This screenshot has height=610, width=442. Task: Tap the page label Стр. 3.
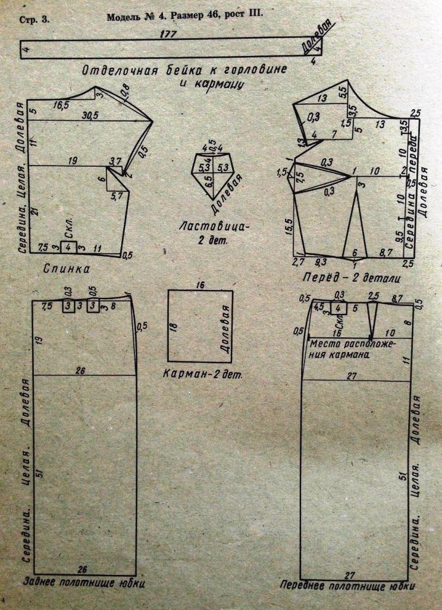point(34,20)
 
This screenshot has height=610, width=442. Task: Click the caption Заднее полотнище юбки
point(83,581)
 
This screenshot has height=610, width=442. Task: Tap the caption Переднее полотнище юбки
point(347,586)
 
